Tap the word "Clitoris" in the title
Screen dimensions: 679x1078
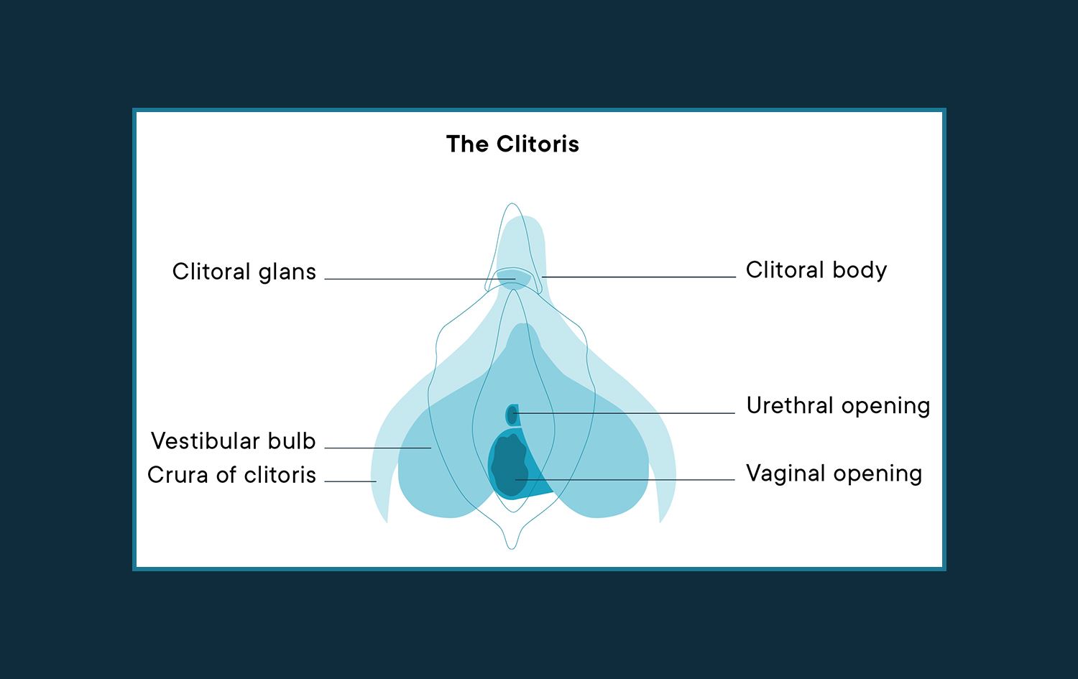click(x=537, y=144)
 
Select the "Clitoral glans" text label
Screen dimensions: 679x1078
click(x=244, y=272)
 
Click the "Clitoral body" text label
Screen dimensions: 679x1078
click(x=816, y=270)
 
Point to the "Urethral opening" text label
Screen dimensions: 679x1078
click(x=838, y=406)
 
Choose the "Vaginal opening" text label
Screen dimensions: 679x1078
click(x=834, y=474)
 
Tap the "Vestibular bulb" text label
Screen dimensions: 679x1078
click(x=234, y=441)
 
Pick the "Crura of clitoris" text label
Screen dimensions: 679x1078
click(x=231, y=475)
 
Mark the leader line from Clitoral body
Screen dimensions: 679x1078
click(x=640, y=277)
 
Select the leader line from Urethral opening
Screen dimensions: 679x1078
click(x=625, y=413)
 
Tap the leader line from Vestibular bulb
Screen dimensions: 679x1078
click(x=377, y=448)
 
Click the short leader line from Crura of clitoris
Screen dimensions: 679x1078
click(x=351, y=481)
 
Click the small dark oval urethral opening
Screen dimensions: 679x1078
click(x=512, y=415)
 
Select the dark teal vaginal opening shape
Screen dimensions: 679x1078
click(x=508, y=463)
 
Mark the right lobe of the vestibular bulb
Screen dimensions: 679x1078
click(x=604, y=474)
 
